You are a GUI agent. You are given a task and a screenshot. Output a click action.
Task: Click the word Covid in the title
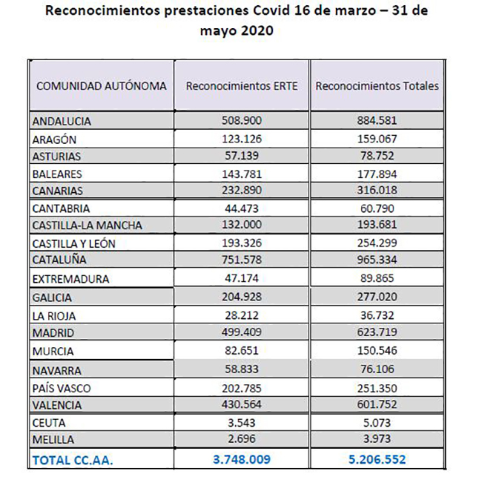pyautogui.click(x=271, y=10)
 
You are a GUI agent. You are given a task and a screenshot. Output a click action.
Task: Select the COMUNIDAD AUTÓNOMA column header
pyautogui.click(x=102, y=86)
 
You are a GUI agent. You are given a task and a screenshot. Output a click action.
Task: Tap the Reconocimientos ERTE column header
pyautogui.click(x=242, y=86)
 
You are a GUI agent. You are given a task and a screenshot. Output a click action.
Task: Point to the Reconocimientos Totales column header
pyautogui.click(x=377, y=86)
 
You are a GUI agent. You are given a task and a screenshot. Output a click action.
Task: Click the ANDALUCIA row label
pyautogui.click(x=62, y=122)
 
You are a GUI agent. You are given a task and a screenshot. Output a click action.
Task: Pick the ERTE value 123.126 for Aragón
pyautogui.click(x=242, y=139)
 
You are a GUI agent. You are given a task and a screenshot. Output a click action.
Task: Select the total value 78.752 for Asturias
pyautogui.click(x=377, y=156)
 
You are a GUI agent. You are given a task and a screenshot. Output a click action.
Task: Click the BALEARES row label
pyautogui.click(x=57, y=174)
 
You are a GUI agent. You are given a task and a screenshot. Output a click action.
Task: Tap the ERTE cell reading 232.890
pyautogui.click(x=242, y=190)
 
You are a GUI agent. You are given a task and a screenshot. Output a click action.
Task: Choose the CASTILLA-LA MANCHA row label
pyautogui.click(x=88, y=226)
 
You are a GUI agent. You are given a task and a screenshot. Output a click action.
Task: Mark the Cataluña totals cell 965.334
pyautogui.click(x=377, y=260)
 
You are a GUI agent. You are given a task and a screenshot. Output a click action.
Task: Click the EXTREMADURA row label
pyautogui.click(x=70, y=279)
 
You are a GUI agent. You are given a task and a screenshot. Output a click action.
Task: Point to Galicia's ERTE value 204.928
pyautogui.click(x=242, y=297)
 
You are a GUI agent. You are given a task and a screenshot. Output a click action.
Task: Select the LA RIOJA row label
pyautogui.click(x=54, y=316)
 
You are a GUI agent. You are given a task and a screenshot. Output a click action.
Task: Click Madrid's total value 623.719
pyautogui.click(x=377, y=332)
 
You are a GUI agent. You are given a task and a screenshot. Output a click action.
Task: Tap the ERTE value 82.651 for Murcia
pyautogui.click(x=242, y=350)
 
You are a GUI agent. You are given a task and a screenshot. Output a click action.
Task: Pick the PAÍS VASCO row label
pyautogui.click(x=62, y=389)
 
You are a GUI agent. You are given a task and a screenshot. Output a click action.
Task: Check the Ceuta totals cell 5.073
pyautogui.click(x=377, y=423)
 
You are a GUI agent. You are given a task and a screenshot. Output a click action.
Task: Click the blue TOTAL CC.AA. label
pyautogui.click(x=73, y=461)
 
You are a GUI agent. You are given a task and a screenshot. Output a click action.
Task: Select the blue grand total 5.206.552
pyautogui.click(x=377, y=459)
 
